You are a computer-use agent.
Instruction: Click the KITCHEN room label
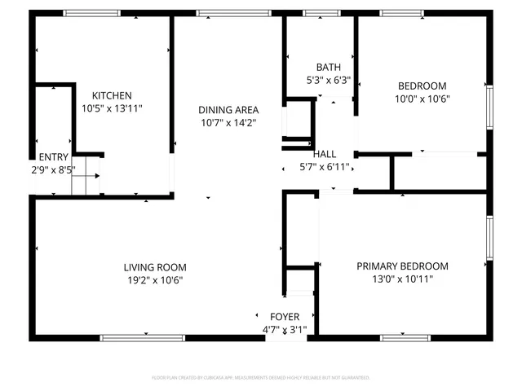point(112,95)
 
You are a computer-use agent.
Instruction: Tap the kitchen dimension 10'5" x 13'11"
point(112,108)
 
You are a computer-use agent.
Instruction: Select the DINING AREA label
point(228,110)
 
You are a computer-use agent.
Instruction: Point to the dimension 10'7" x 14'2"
point(228,122)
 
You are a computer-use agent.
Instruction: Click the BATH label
point(328,68)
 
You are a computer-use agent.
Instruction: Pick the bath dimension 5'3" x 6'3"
point(328,80)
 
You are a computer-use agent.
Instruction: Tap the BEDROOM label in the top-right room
point(422,86)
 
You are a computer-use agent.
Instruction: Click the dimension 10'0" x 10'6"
point(422,99)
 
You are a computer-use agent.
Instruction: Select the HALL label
point(325,154)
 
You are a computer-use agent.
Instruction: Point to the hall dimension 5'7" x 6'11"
point(325,166)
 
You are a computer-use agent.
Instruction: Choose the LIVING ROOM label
point(155,267)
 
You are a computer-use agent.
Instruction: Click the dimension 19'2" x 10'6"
point(155,280)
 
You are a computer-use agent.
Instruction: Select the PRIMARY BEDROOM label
point(403,266)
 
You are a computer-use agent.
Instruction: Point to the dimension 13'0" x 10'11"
point(403,279)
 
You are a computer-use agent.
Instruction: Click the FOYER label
point(285,316)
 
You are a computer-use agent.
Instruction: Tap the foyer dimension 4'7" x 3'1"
point(285,329)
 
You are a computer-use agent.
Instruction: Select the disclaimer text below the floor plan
point(261,378)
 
